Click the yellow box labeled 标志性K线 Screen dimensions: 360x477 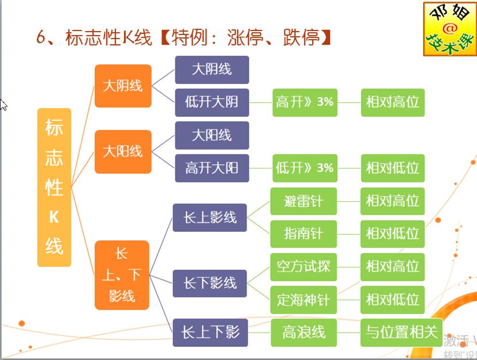54,187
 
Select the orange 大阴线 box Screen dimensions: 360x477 122,86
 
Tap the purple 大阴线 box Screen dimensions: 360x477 211,70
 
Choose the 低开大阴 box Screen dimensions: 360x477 211,102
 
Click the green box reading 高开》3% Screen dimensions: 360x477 305,102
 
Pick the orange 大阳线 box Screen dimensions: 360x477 122,152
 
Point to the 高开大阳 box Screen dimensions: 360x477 211,168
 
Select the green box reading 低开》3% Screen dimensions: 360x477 305,168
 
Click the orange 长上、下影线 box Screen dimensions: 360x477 122,275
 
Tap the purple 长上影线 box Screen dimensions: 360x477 210,217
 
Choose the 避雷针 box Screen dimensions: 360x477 303,201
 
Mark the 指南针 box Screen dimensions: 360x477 303,234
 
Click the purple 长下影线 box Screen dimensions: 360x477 210,283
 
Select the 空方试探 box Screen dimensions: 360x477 303,267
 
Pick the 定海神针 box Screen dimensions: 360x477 303,300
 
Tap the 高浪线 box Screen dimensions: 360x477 303,332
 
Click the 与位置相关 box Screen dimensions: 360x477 401,332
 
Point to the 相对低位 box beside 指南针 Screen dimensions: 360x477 393,234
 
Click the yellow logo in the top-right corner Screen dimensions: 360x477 450,29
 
